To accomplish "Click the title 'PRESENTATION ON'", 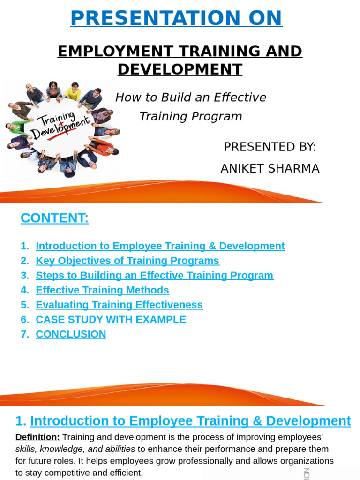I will click(176, 18).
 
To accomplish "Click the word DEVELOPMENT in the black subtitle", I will click(180, 69).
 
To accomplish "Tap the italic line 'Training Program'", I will click(191, 116).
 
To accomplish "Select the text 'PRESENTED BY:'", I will click(270, 147).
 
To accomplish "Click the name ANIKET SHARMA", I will click(270, 168).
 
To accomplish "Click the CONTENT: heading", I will click(55, 218).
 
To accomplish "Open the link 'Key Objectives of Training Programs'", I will click(127, 261).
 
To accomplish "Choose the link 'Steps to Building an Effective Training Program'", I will click(155, 275).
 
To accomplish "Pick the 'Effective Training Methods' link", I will click(102, 290).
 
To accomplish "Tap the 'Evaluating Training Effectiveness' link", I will click(119, 305).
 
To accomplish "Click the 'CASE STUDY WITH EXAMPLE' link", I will click(111, 320).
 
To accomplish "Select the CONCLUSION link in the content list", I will click(71, 334).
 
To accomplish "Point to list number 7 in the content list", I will click(24, 334).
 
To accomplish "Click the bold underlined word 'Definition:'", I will click(37, 437).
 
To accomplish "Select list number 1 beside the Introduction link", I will click(24, 246).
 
